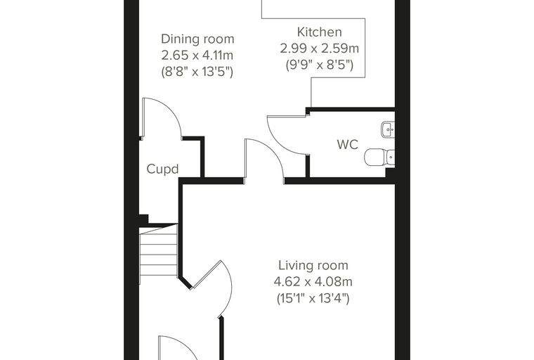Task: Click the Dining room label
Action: (x=197, y=39)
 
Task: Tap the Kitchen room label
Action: (x=320, y=32)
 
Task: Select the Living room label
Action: (x=313, y=265)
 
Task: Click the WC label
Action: (x=347, y=145)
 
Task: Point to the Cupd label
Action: (x=162, y=169)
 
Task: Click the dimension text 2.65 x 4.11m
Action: (x=197, y=56)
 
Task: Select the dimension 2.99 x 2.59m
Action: (x=320, y=49)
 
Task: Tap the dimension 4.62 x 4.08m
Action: (x=313, y=282)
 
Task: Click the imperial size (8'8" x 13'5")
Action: (x=197, y=72)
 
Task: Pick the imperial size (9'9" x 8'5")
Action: (x=320, y=65)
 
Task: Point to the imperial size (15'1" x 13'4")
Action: (x=313, y=299)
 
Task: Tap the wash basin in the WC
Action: (x=388, y=129)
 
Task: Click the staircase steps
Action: (x=159, y=250)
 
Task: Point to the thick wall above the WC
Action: (x=351, y=110)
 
